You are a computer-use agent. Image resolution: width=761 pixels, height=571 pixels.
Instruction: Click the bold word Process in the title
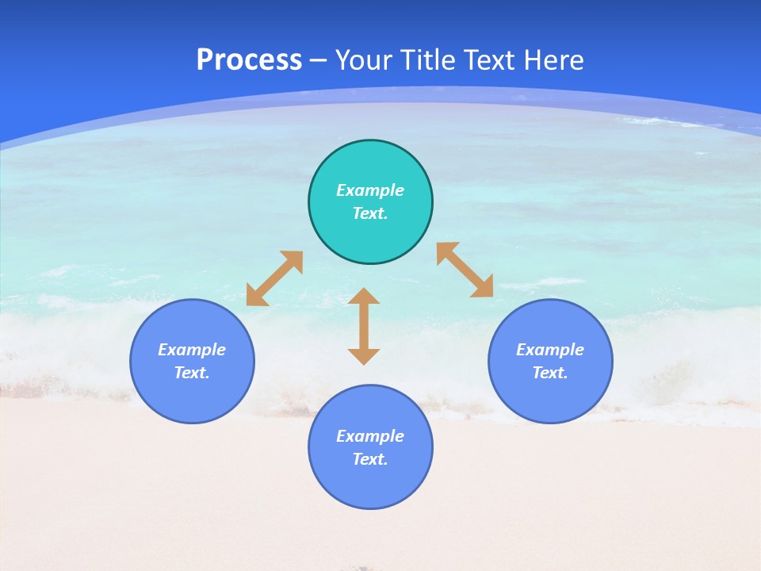coord(249,60)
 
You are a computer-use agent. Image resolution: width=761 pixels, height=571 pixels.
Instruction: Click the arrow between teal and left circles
coord(274,278)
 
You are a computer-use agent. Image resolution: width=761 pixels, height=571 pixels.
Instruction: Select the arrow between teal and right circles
coord(465,270)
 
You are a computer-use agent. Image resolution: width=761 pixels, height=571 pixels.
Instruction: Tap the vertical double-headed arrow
coord(364,326)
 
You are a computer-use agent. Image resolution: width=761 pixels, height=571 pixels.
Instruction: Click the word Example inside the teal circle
coord(370,190)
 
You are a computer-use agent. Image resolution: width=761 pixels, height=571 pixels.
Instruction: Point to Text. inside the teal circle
coord(370,213)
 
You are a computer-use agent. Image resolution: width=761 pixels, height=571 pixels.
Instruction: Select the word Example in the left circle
coord(192,350)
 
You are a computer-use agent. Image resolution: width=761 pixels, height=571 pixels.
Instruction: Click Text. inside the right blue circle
coord(550,373)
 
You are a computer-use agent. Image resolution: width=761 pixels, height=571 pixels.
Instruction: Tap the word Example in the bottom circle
coord(370,436)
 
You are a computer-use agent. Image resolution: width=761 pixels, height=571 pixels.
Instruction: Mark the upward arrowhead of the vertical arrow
coord(364,296)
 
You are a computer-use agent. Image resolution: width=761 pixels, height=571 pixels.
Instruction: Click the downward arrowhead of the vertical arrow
coord(364,356)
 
